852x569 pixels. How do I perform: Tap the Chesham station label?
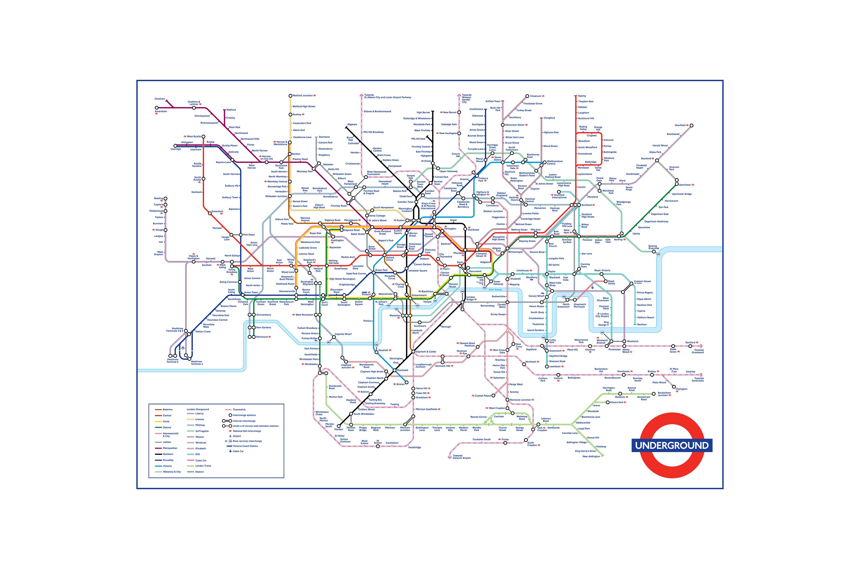click(x=160, y=99)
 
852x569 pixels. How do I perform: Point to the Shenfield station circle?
click(x=691, y=126)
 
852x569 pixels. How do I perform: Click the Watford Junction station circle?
click(x=290, y=96)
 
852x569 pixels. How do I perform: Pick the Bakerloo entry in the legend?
click(x=168, y=409)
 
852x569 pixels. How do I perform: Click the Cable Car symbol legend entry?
click(x=238, y=451)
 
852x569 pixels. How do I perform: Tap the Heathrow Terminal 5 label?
click(x=173, y=361)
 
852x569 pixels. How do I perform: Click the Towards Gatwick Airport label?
click(x=461, y=457)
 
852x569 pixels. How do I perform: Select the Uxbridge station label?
click(x=176, y=149)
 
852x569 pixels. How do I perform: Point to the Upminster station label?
click(x=685, y=185)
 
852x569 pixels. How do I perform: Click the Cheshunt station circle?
click(x=527, y=96)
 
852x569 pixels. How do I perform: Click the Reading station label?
click(x=158, y=199)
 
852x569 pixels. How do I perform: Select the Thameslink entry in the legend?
click(x=239, y=409)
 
